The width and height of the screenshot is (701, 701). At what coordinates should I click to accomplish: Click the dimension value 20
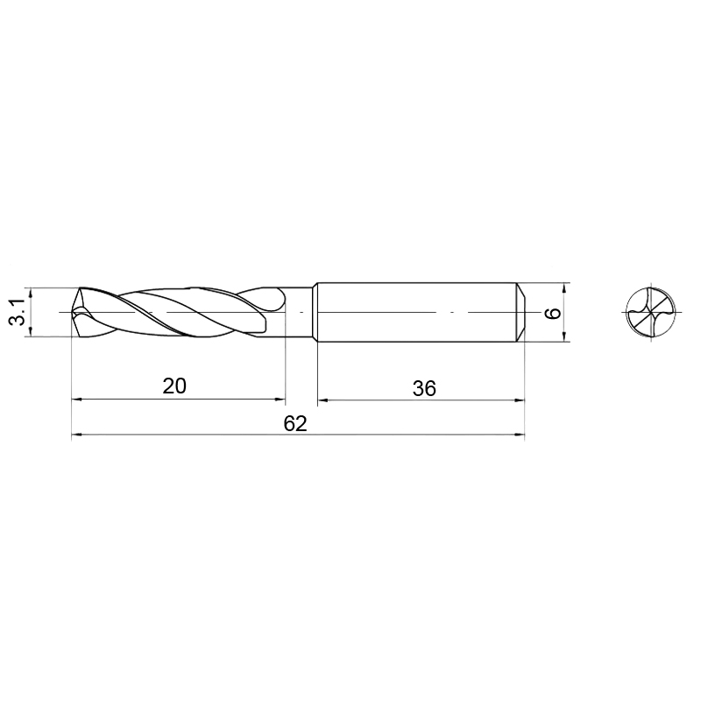[x=174, y=386]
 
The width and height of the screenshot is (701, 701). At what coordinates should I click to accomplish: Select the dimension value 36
[x=424, y=388]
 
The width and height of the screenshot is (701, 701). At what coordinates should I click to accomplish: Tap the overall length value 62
[x=295, y=423]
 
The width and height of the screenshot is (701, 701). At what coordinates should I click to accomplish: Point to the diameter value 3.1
[x=18, y=312]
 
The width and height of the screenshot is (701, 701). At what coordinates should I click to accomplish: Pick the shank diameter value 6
[x=554, y=313]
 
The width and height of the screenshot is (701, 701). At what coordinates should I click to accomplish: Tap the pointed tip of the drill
[x=73, y=312]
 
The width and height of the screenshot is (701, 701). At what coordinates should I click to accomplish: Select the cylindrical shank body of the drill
[x=418, y=312]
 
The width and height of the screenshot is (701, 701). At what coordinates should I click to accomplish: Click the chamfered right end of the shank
[x=520, y=312]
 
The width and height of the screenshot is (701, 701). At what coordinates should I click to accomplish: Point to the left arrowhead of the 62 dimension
[x=77, y=434]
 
